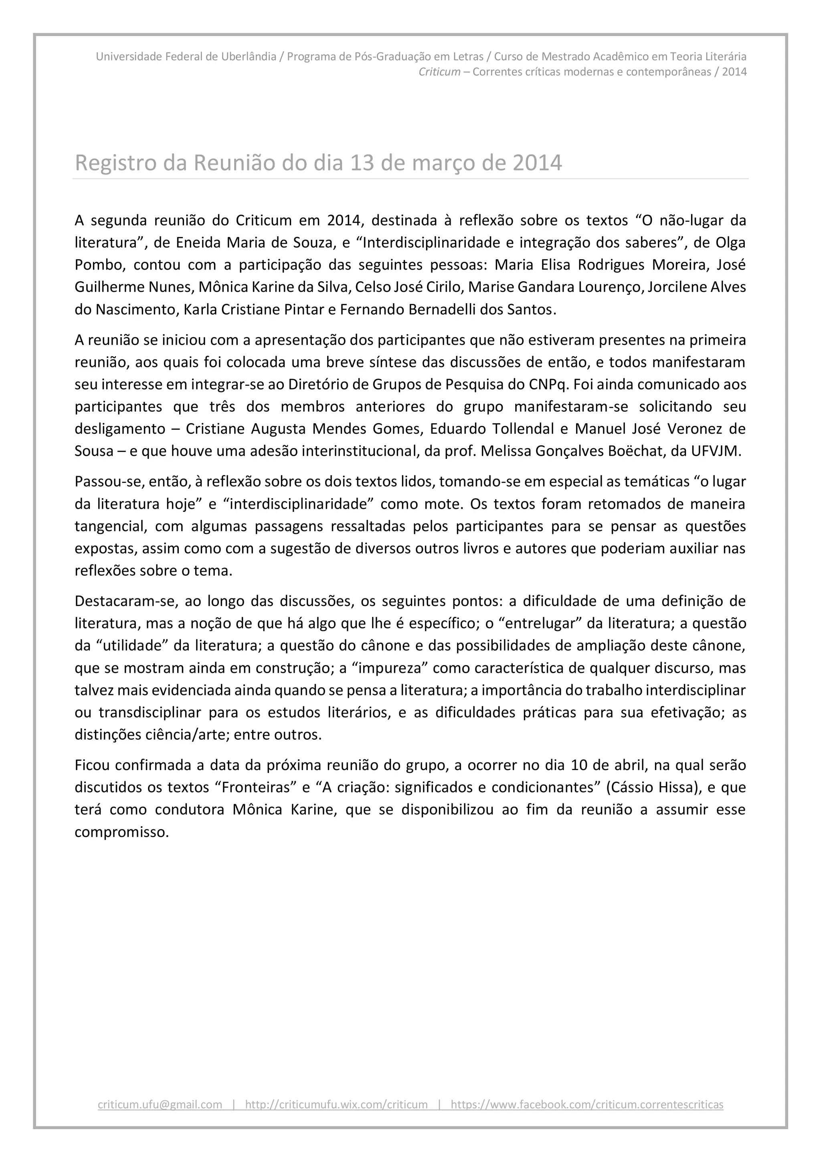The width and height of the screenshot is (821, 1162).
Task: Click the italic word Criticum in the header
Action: (x=439, y=71)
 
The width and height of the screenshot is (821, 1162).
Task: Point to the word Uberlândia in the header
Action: (x=249, y=56)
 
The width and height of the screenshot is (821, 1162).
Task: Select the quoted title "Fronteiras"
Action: (x=255, y=787)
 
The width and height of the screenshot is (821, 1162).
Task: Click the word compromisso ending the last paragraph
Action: (x=121, y=831)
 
